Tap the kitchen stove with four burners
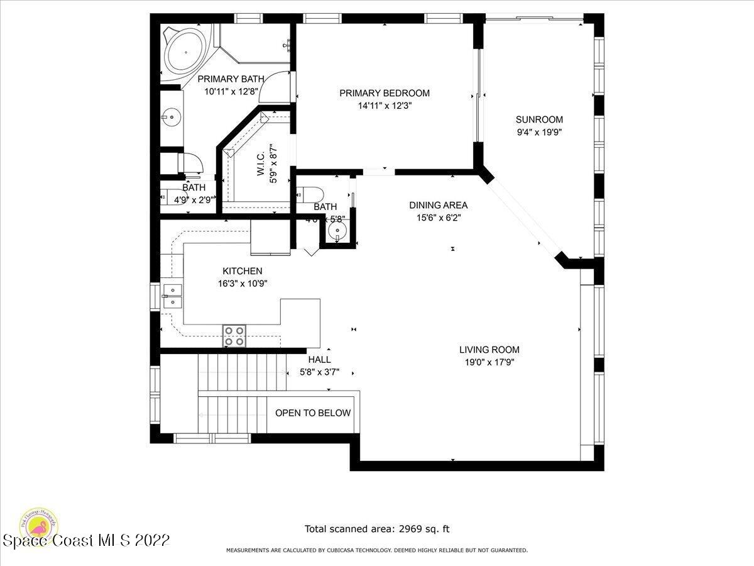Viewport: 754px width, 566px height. [x=234, y=336]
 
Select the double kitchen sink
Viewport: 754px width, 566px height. [x=172, y=296]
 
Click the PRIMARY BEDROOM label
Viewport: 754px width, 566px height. [x=385, y=93]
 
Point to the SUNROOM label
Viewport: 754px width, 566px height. [x=539, y=119]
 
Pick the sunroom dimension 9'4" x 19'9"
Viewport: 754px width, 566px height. [x=539, y=132]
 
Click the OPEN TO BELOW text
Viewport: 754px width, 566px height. [x=313, y=413]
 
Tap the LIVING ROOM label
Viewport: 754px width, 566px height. [x=489, y=350]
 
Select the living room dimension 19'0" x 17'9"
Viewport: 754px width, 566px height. [x=489, y=362]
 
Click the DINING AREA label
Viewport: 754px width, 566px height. [x=438, y=205]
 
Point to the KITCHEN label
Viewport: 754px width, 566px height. [x=242, y=271]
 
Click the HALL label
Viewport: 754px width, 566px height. [x=319, y=360]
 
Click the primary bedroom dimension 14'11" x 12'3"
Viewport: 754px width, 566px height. [x=385, y=106]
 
